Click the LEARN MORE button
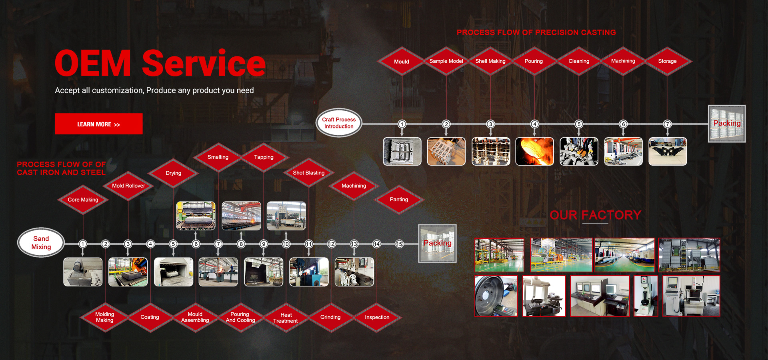click(99, 124)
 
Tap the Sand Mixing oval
click(41, 243)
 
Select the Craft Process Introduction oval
click(339, 123)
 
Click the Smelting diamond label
click(218, 157)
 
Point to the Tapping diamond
click(264, 157)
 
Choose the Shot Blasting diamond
click(308, 173)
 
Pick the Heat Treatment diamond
click(286, 318)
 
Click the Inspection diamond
click(377, 318)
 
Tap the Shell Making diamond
click(490, 61)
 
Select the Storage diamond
click(667, 61)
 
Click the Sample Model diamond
click(446, 61)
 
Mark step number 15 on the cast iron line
click(399, 244)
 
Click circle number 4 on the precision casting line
click(535, 124)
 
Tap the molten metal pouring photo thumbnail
click(535, 151)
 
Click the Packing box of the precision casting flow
click(727, 124)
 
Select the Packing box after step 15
click(438, 243)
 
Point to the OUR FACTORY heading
click(596, 215)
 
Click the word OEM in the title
click(93, 63)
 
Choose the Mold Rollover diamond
click(128, 186)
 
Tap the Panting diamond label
click(399, 200)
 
